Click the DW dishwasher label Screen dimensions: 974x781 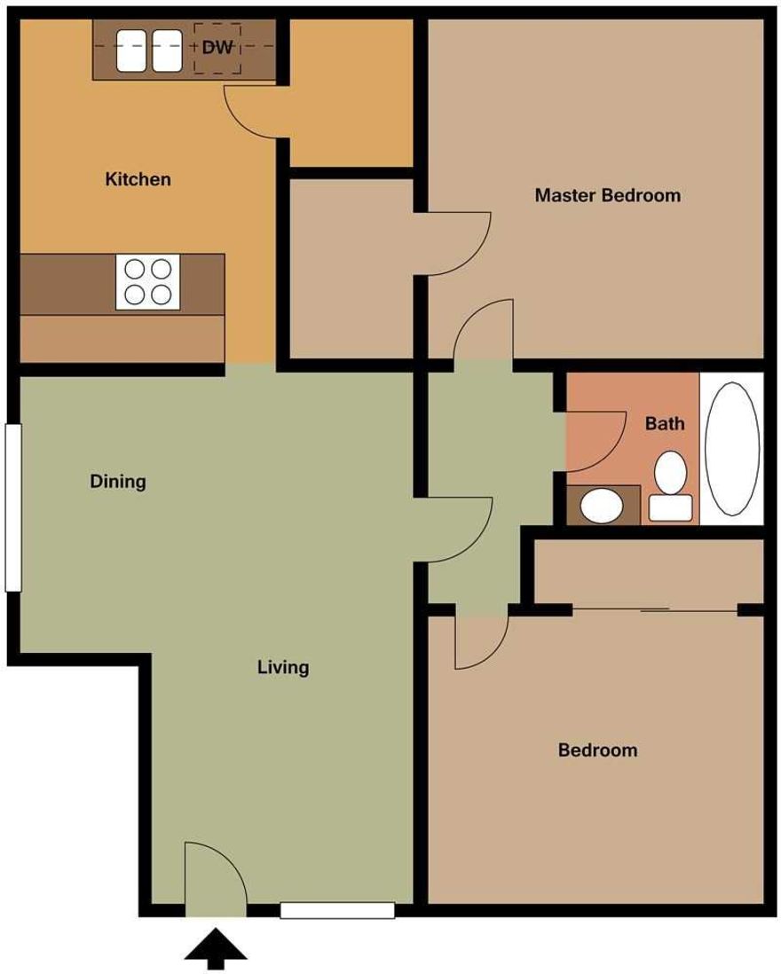pos(217,48)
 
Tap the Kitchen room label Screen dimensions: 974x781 pos(138,179)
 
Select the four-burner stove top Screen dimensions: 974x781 pos(147,281)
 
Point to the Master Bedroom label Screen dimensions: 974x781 pos(607,195)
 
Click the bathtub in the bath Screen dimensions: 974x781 pos(731,449)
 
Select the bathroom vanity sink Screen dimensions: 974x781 pos(602,506)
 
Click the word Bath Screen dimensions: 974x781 pos(665,424)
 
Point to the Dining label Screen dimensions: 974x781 pos(118,483)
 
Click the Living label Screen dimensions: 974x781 pos(283,667)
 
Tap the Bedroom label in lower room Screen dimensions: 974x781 pos(597,750)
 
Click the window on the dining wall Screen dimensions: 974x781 pos(12,507)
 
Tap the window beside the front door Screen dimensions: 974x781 pos(337,909)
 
